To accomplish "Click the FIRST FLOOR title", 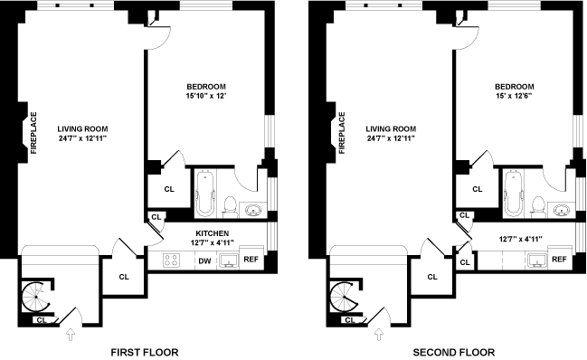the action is pos(145,352).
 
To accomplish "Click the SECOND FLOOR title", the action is pos(454,352).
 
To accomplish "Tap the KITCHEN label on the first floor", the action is pos(213,233).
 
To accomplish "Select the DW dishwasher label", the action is pos(204,261).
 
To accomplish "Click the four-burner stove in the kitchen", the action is pos(171,261).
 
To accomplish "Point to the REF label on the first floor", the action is pos(251,259).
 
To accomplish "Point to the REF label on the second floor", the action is pos(559,259).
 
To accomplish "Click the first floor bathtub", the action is pos(205,194).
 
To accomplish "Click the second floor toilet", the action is pos(539,207).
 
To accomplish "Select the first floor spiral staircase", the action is pos(35,297).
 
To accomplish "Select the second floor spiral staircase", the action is pos(344,297).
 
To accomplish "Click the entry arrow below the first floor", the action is pos(71,334).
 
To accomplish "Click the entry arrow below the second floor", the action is pos(379,334).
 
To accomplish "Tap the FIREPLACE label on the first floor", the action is pos(33,133).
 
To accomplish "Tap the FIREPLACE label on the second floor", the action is pos(342,133).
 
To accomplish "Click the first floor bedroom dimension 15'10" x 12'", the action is pos(206,96).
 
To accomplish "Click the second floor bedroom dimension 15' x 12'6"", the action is pos(515,96).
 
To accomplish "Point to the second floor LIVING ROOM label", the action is pos(391,128).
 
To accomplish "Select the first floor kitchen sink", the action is pos(229,261).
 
